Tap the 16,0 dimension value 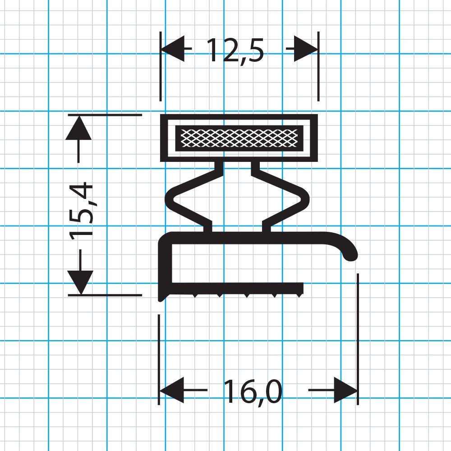coord(252,392)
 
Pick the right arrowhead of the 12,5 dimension coord(306,48)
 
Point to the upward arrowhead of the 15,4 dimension coord(79,128)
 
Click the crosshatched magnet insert coord(239,138)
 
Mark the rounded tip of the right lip coord(350,255)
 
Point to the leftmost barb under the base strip coord(194,295)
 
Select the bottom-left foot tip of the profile coord(161,298)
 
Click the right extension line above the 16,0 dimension coord(358,325)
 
